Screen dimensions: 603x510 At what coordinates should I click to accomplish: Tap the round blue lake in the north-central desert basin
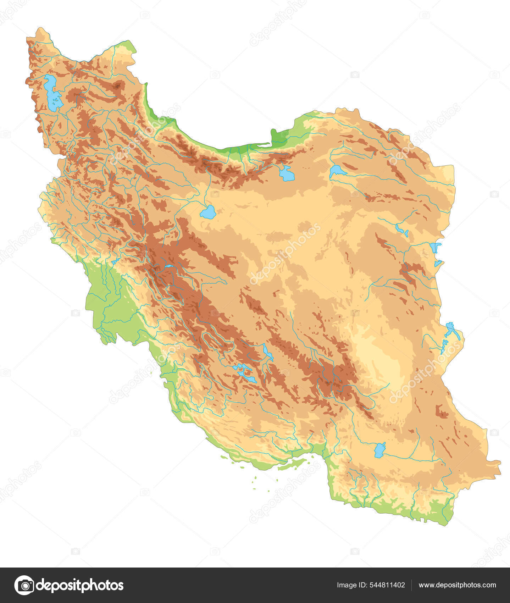pyautogui.click(x=208, y=212)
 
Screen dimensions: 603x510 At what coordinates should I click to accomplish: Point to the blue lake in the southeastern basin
pyautogui.click(x=380, y=449)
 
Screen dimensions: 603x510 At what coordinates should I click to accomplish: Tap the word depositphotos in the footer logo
pyautogui.click(x=80, y=585)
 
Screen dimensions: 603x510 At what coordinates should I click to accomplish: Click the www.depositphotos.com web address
pyautogui.click(x=457, y=585)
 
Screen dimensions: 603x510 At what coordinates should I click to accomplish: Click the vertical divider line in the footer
pyautogui.click(x=411, y=585)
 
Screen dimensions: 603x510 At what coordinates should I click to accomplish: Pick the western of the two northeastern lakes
pyautogui.click(x=287, y=174)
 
